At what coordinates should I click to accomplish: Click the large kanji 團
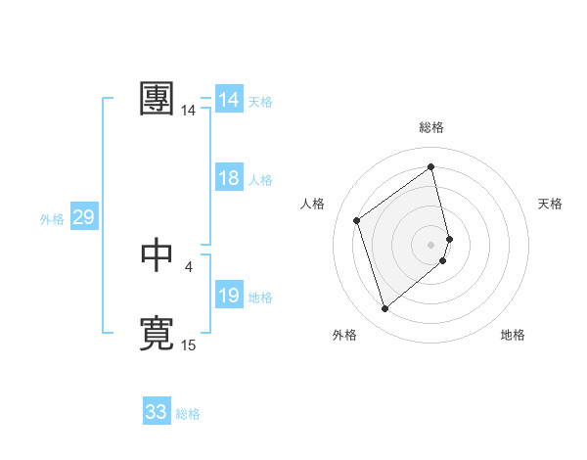coord(158,99)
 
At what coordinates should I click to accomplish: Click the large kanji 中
coord(158,254)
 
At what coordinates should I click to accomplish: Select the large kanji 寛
coord(158,333)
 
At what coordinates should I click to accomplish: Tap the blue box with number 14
coord(229,100)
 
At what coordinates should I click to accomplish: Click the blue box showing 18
coord(229,179)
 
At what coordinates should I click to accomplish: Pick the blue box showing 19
coord(229,297)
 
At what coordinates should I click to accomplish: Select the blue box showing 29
coord(83,217)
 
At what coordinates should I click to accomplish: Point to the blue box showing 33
coord(157,412)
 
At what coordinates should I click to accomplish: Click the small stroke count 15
coord(189,345)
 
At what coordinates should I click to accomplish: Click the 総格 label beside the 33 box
coord(188,414)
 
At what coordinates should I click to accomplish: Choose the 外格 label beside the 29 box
coord(52,219)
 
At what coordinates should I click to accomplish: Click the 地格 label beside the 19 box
coord(260,298)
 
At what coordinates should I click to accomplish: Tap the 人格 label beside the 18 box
coord(260,180)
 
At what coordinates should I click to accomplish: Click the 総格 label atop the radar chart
coord(431,127)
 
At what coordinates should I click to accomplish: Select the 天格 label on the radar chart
coord(551,204)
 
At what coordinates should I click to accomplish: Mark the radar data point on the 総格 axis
coord(431,167)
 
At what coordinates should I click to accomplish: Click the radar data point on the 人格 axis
coord(357,220)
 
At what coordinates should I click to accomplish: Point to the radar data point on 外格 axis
coord(384,309)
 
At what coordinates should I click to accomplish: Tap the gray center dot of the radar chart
coord(431,244)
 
